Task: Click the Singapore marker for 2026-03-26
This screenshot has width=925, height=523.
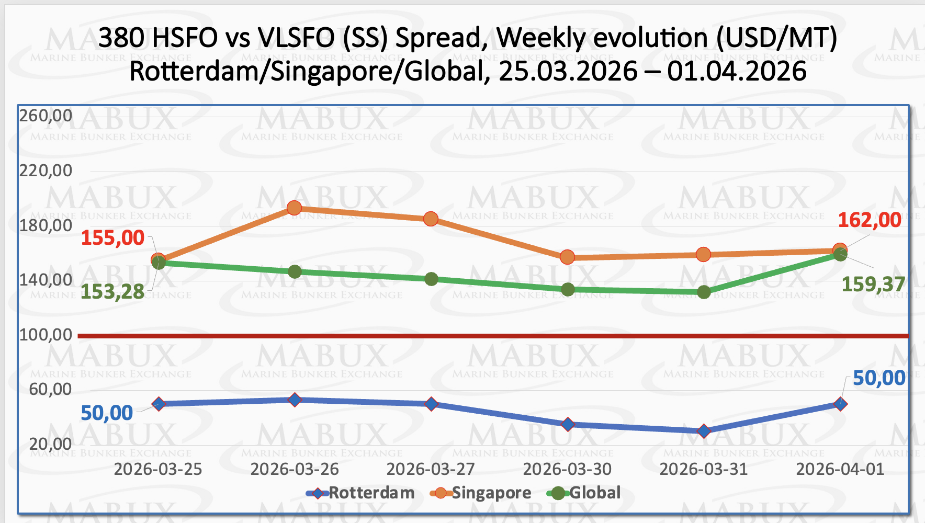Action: click(x=295, y=208)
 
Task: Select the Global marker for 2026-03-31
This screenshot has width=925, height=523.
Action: click(x=704, y=292)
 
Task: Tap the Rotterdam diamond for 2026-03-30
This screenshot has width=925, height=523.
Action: click(x=568, y=424)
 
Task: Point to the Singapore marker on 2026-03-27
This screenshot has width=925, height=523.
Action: click(x=431, y=219)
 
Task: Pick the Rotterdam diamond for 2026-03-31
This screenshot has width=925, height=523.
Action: click(x=704, y=431)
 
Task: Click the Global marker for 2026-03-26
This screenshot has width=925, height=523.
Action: click(x=295, y=271)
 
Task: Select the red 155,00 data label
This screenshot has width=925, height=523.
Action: click(x=112, y=238)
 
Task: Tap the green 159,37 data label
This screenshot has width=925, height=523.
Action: click(x=873, y=285)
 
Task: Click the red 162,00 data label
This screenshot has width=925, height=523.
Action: click(x=870, y=220)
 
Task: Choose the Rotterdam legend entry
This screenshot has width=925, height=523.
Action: click(x=361, y=493)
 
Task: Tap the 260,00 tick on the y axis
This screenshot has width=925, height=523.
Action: click(x=46, y=116)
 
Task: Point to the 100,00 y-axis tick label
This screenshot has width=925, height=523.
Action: click(x=46, y=335)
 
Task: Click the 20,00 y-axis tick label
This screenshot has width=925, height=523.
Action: click(x=50, y=444)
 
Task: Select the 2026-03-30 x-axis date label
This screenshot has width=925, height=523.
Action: click(x=568, y=469)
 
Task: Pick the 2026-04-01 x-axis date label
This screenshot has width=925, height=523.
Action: click(x=840, y=469)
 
